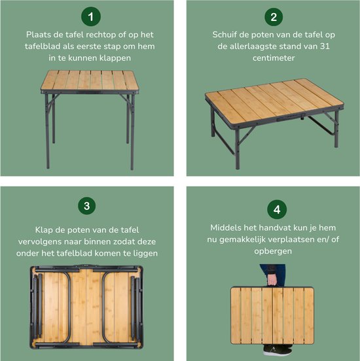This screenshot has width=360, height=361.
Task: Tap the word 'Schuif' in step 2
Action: [226, 35]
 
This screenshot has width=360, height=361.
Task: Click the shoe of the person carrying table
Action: [280, 351]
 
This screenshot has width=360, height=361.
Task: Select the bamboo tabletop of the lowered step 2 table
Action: [275, 101]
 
